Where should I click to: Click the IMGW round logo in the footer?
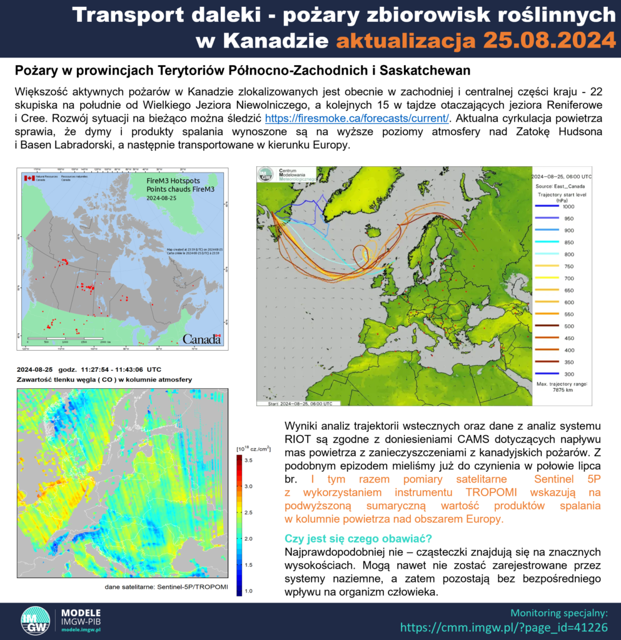[35, 621]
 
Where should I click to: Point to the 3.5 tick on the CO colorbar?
[248, 460]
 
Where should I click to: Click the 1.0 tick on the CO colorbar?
[248, 591]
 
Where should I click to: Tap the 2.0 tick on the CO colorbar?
[248, 538]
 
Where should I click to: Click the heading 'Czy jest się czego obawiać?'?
[358, 539]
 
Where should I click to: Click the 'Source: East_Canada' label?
[560, 186]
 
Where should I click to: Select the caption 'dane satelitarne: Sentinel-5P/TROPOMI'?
[167, 587]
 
